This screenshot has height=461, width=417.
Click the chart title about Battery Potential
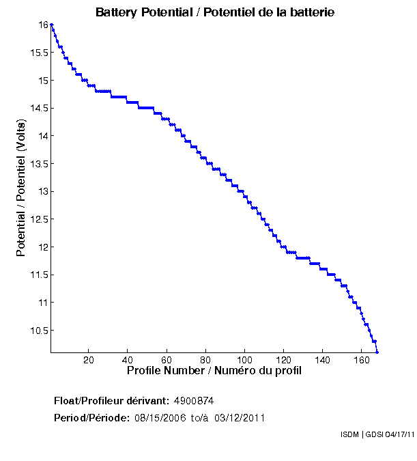215,12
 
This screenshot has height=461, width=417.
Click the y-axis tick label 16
42,25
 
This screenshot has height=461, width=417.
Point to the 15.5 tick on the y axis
38,53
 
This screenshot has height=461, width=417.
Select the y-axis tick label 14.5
38,108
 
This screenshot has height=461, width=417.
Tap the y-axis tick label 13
42,191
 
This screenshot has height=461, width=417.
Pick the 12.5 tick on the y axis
38,219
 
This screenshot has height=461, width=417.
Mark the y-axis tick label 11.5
38,275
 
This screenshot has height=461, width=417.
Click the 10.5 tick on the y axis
38,331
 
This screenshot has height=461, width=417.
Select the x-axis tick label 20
89,360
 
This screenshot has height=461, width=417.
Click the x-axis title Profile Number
214,371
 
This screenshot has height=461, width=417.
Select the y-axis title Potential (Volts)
21,188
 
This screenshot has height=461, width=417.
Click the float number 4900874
199,400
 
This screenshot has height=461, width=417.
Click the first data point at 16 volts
51,25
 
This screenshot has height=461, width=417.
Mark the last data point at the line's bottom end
377,352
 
